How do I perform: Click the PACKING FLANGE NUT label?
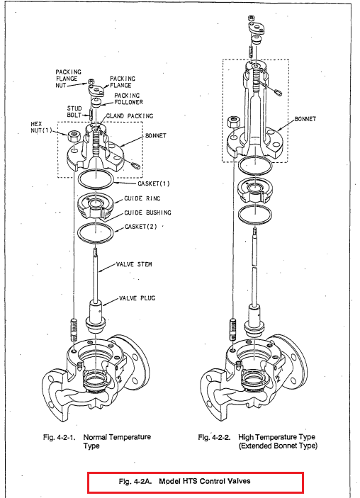[68, 79]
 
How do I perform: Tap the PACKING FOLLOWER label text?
[128, 98]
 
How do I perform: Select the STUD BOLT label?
[74, 111]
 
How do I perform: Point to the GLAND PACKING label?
[129, 116]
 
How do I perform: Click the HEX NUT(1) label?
[41, 127]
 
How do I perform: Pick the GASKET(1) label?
[154, 183]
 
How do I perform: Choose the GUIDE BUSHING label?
[147, 213]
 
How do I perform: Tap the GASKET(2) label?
[141, 227]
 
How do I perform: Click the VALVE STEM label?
[134, 264]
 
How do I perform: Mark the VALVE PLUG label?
[137, 298]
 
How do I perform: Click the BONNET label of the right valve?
[305, 119]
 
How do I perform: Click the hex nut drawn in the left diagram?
[73, 137]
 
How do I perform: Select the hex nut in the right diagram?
[234, 123]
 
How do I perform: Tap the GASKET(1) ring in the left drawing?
[96, 187]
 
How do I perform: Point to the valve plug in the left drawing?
[96, 317]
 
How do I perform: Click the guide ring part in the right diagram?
[254, 190]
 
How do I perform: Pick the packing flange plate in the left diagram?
[96, 90]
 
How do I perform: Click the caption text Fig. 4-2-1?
[59, 437]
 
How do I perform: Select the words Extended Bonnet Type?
[278, 446]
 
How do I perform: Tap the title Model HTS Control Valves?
[204, 481]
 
